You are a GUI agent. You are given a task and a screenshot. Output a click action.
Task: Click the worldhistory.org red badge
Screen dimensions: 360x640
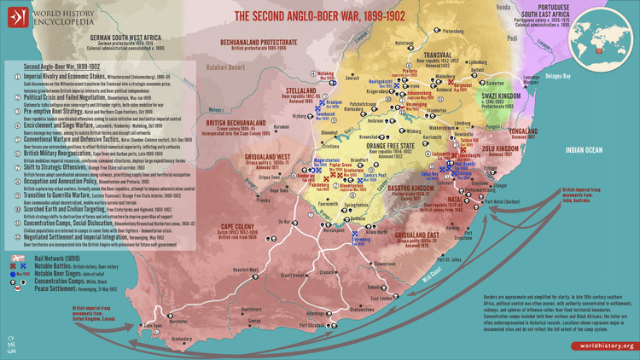(603, 345)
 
